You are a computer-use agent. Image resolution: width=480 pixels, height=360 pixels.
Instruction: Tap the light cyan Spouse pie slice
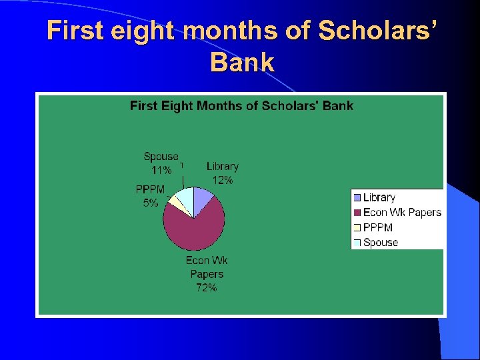coord(185,199)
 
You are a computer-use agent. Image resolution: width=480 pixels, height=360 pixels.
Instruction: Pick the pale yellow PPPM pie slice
coord(175,203)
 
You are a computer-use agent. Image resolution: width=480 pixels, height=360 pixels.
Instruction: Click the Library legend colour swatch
coord(357,197)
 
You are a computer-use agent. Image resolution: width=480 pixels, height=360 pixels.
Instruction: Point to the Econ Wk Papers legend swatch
coord(357,213)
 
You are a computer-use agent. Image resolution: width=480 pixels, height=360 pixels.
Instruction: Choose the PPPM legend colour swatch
coord(357,228)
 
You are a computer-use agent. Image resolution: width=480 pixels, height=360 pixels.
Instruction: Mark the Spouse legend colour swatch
coord(357,243)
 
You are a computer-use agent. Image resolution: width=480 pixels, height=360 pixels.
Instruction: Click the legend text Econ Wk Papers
coord(402,213)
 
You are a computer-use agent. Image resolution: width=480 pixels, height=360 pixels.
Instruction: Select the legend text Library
coord(379,197)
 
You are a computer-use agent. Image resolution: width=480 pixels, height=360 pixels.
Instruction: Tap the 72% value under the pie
coord(206,288)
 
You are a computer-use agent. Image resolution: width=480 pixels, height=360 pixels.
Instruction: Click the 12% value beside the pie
coord(223,180)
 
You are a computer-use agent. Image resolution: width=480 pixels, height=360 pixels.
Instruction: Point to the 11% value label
coord(161,170)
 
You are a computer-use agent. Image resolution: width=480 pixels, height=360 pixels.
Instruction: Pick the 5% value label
coord(150,203)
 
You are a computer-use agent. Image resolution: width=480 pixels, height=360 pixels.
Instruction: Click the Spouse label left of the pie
coord(161,157)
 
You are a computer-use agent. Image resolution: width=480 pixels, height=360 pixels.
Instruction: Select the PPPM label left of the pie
coord(150,190)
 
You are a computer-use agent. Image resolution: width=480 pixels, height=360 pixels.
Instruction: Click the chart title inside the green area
coord(241,105)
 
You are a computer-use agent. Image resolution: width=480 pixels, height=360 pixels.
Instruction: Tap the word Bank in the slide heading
coord(242,63)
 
